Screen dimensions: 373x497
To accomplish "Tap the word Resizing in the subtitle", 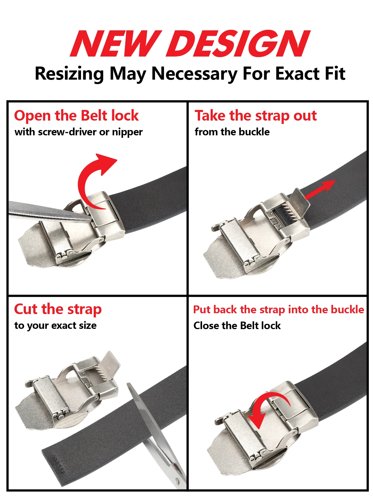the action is [x=70, y=74].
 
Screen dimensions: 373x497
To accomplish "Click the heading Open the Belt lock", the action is [x=76, y=116].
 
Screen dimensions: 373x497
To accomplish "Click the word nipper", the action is [x=127, y=132].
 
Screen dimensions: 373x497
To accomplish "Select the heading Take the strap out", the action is [x=256, y=116].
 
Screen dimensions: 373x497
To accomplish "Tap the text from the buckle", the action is [x=232, y=132].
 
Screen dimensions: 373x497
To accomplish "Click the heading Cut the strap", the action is [x=58, y=310].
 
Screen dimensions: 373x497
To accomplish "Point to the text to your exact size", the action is [x=55, y=325].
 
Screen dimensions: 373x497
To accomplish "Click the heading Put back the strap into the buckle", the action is [x=279, y=310].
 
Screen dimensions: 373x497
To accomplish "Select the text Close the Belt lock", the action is [x=237, y=325].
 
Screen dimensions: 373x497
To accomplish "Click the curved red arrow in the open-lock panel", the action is [x=84, y=178].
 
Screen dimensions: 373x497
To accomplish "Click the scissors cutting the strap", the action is [x=156, y=434].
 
